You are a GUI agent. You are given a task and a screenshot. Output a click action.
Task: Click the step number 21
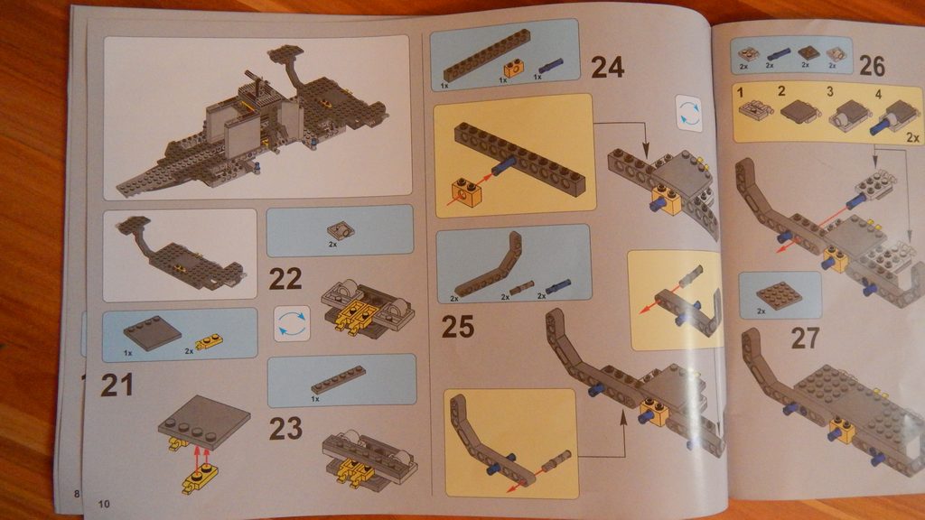(x=117, y=385)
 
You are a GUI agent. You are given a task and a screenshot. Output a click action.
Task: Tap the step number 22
(x=285, y=279)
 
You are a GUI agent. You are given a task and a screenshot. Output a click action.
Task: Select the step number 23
(x=285, y=429)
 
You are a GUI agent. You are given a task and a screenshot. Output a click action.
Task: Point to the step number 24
(x=607, y=67)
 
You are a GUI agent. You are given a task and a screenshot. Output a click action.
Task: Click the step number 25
(x=458, y=327)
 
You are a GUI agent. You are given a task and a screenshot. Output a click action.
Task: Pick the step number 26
(x=872, y=65)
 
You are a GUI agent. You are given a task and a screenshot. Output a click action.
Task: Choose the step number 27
(x=805, y=339)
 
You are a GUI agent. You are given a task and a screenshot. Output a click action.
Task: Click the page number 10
(x=104, y=504)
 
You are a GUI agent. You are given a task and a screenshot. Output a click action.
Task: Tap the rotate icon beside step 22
(x=292, y=324)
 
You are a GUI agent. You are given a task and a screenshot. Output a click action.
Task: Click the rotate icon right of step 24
(x=689, y=113)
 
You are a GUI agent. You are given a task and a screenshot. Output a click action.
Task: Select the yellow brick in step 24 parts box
(x=513, y=69)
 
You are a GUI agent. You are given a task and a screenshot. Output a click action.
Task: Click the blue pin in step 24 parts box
(x=550, y=65)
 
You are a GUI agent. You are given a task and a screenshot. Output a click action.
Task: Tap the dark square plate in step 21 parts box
(x=152, y=335)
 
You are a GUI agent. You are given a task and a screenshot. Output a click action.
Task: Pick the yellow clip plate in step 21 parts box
(x=209, y=341)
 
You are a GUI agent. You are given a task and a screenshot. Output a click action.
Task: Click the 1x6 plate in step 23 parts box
(x=338, y=380)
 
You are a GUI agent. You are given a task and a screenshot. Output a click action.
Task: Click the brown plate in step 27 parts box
(x=779, y=295)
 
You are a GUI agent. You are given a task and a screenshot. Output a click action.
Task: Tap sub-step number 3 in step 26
(x=829, y=91)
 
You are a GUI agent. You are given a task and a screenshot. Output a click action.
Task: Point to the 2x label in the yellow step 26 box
(x=912, y=137)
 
